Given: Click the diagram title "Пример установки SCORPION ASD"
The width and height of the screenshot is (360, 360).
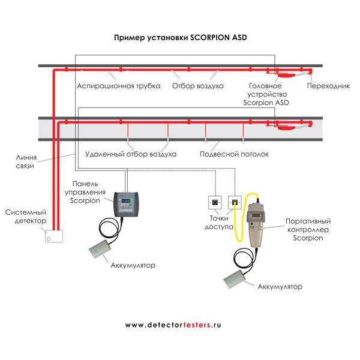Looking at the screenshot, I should coord(181,37).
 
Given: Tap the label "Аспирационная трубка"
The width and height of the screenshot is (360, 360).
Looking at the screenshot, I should coord(118,86).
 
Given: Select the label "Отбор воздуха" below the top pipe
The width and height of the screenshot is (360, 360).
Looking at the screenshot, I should coord(197,86).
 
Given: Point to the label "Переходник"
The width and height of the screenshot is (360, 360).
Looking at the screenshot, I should coord(328,86).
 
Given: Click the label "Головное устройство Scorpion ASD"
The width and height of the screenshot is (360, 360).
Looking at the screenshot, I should coord(266,94).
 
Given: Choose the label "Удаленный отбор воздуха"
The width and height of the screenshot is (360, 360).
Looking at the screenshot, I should coord(131,154).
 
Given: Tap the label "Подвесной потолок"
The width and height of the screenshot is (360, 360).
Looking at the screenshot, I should coord(234,154).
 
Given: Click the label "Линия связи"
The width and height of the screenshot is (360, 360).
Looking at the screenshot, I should coord(27,161).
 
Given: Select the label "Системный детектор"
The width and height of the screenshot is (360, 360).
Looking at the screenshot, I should coord(25,217).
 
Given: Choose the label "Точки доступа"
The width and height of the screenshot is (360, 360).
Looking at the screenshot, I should coord(220,223).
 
